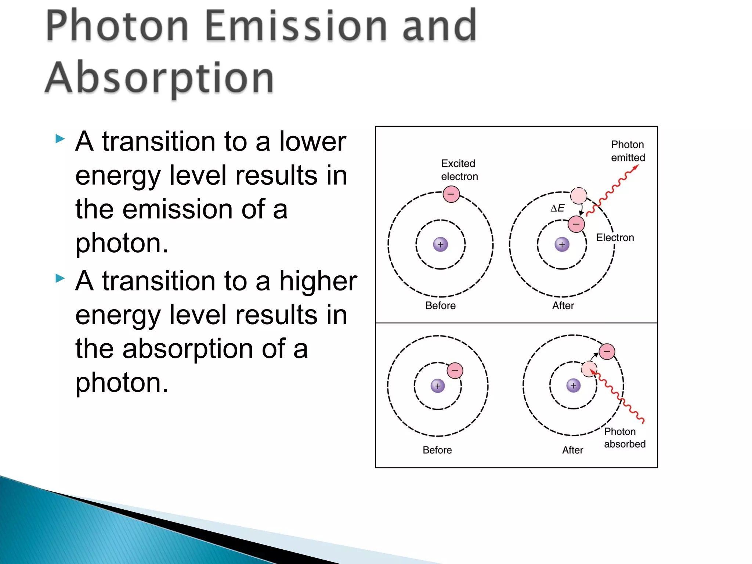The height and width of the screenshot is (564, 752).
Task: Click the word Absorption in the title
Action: point(159,78)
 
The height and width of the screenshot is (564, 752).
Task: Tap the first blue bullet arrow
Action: point(60,139)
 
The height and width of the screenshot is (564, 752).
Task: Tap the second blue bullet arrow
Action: point(60,278)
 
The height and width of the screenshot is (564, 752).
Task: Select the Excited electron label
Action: point(459,170)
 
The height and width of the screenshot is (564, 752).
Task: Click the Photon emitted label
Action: point(628,151)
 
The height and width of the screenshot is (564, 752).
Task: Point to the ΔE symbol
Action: point(557,208)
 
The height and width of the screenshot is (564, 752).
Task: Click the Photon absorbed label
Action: point(624,438)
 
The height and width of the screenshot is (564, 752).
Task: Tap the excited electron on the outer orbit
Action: point(451,194)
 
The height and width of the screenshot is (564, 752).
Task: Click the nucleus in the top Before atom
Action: point(440,244)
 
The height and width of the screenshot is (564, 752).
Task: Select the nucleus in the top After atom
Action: point(562,244)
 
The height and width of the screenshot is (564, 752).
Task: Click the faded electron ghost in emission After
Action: point(578,195)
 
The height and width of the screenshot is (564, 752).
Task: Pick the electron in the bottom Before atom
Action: point(455,370)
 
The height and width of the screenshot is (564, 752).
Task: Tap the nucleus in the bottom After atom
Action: point(573,386)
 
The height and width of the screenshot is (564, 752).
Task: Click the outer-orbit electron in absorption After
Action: point(607,351)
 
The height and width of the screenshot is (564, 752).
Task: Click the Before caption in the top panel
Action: point(440,305)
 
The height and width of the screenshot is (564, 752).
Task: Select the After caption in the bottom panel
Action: point(572,450)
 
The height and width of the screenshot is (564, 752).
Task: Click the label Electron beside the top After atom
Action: point(615,238)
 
